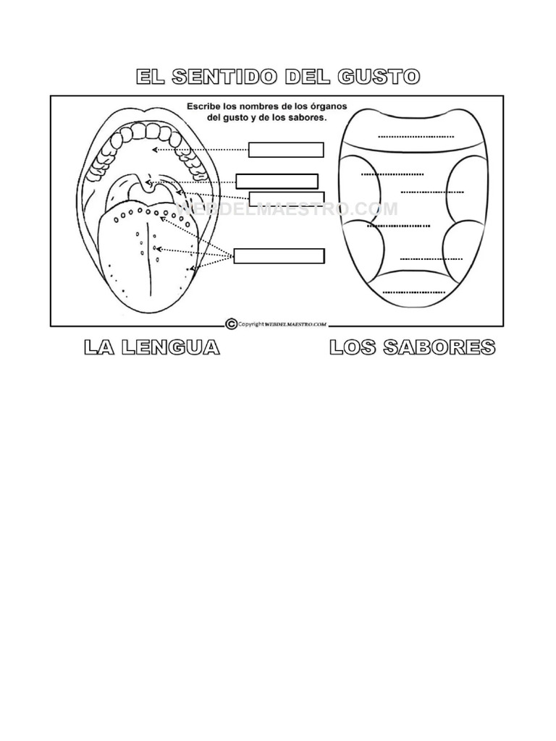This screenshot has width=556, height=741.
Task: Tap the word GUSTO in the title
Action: [379, 77]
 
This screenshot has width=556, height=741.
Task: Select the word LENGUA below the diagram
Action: [171, 347]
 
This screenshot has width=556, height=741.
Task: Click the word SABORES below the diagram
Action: [439, 347]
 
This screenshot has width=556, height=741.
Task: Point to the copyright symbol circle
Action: [231, 323]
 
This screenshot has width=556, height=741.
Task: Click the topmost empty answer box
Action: [286, 150]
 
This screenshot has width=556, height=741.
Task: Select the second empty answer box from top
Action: [277, 182]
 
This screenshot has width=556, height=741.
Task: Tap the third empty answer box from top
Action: [287, 199]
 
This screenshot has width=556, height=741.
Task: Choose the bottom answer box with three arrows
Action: [279, 255]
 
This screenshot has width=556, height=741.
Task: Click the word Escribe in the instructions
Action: [203, 107]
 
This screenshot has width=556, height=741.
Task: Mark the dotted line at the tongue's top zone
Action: [416, 137]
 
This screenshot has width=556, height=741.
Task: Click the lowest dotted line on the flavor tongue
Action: [413, 292]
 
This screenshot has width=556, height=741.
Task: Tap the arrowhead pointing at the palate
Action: [155, 151]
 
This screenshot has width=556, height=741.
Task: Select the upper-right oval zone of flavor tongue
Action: [466, 189]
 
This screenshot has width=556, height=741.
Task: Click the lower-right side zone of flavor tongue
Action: [461, 250]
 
